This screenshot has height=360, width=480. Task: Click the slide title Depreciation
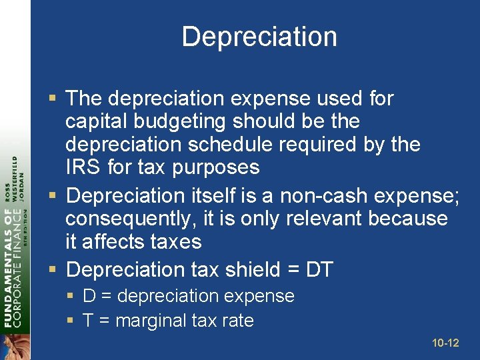point(259,37)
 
